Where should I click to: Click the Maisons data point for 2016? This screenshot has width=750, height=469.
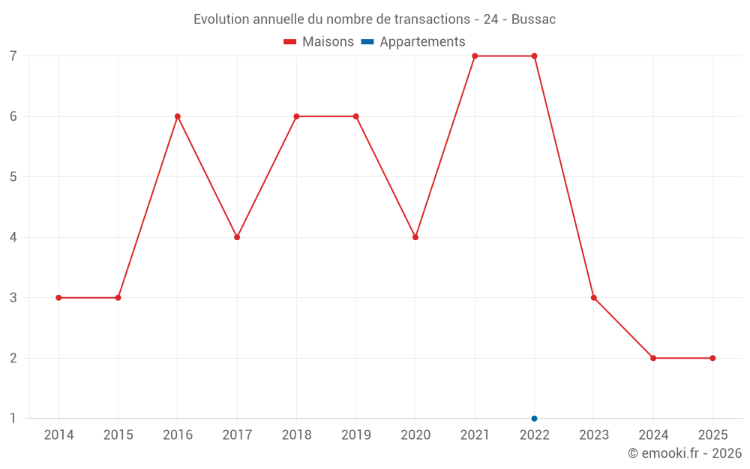click(x=178, y=116)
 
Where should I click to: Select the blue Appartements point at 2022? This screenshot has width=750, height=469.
click(x=534, y=419)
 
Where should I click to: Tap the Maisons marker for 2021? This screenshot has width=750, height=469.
click(x=475, y=56)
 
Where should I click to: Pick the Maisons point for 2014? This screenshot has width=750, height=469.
click(x=58, y=298)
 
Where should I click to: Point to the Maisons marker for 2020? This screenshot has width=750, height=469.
click(x=415, y=237)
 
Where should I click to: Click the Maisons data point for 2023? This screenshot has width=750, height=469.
click(x=594, y=298)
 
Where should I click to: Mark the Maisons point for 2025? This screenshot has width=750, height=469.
click(x=712, y=358)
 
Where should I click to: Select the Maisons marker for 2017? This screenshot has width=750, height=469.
click(x=237, y=237)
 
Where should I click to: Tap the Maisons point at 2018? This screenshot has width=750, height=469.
click(x=296, y=116)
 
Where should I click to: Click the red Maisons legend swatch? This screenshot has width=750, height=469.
click(x=290, y=42)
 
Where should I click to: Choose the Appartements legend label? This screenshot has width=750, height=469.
click(x=422, y=42)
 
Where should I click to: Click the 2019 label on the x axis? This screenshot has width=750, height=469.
click(x=355, y=435)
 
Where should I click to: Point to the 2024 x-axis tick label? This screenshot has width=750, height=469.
click(x=653, y=435)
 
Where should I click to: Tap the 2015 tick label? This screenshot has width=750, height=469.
click(x=118, y=435)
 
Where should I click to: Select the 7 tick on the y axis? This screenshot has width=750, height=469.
click(x=13, y=56)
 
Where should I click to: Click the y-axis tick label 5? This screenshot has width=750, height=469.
click(x=13, y=177)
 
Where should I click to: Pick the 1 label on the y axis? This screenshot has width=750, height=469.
click(x=13, y=419)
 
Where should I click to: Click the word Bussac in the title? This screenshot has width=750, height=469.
click(x=533, y=20)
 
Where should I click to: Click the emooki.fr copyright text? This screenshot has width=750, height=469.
click(x=685, y=453)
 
